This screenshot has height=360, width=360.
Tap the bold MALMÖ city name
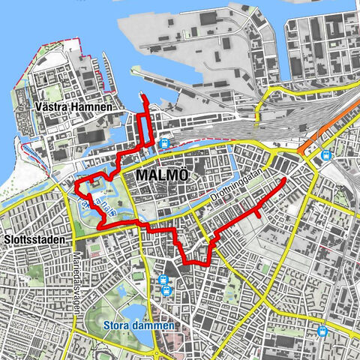pyautogui.click(x=161, y=175)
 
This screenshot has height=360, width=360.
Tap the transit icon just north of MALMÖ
pyautogui.click(x=165, y=144)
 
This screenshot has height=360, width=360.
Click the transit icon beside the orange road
pyautogui.click(x=325, y=155)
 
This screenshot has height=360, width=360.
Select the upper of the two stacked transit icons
pyautogui.click(x=164, y=280)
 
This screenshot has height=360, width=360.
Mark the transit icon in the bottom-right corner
pyautogui.click(x=323, y=331)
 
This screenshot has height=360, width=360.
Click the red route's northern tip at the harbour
pyautogui.click(x=143, y=95)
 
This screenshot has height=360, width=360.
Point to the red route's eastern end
pyautogui.click(x=283, y=181)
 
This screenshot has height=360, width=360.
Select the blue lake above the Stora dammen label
pyautogui.click(x=135, y=310)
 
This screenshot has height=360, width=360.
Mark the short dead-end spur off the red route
pyautogui.click(x=258, y=213)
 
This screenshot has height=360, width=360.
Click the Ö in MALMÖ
pyautogui.click(x=180, y=175)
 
